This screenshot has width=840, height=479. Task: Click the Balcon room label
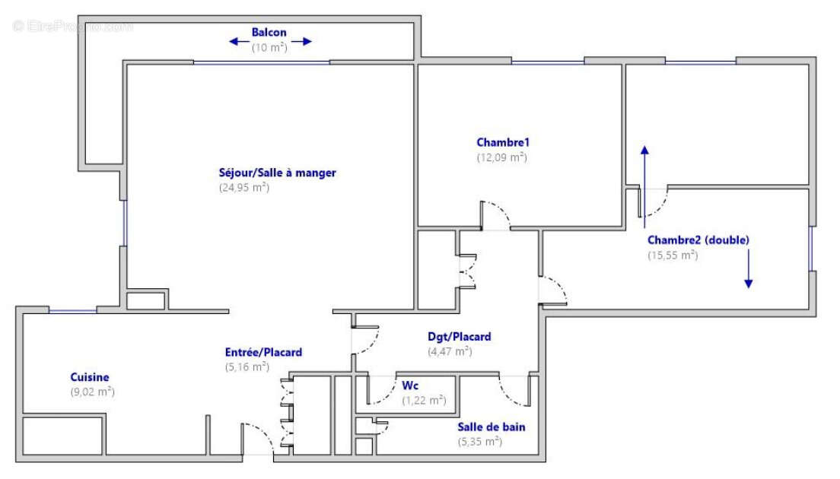click(269, 33)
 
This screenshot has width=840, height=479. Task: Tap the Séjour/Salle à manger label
click(277, 173)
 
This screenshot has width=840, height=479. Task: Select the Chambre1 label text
click(502, 142)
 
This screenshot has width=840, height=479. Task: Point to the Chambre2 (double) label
click(698, 239)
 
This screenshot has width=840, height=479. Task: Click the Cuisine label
click(90, 377)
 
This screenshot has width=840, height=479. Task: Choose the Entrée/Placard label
click(263, 352)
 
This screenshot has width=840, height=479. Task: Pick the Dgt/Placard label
click(459, 336)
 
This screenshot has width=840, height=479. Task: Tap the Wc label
click(410, 385)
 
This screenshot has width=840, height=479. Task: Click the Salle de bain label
click(491, 427)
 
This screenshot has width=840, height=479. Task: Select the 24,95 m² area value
click(243, 187)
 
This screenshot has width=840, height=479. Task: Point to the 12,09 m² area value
click(501, 157)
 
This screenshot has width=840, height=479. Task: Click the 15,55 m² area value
click(673, 255)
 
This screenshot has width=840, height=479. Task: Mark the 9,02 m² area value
click(92, 392)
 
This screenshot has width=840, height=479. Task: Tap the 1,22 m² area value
click(424, 400)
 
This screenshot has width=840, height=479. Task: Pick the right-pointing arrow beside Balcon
click(301, 42)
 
